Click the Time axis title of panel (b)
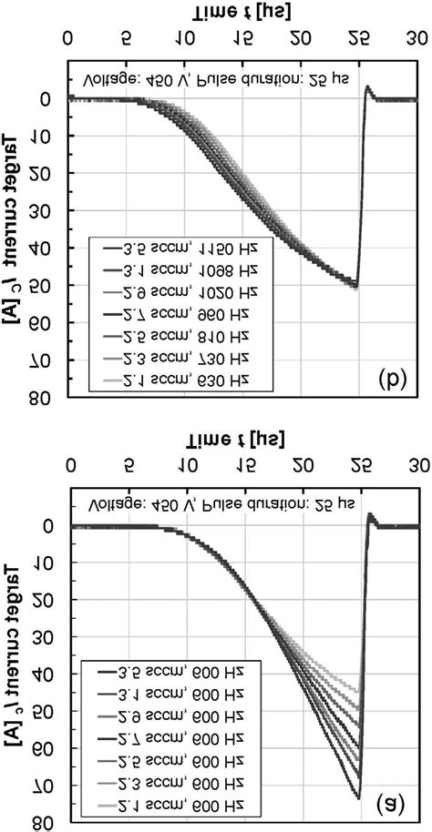tap(242, 11)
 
